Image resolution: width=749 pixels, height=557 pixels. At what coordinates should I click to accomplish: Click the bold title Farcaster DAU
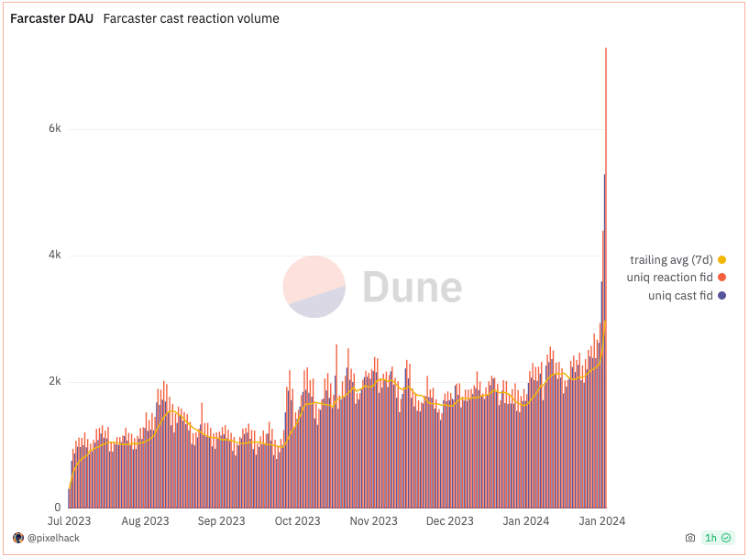pyautogui.click(x=51, y=18)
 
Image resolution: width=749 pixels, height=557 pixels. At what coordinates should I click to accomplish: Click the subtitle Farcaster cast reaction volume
pyautogui.click(x=191, y=18)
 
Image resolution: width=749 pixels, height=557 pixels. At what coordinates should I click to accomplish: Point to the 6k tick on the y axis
pyautogui.click(x=55, y=128)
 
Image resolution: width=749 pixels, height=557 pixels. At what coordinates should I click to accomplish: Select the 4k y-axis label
pyautogui.click(x=55, y=255)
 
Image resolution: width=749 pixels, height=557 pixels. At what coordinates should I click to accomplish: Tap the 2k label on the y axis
pyautogui.click(x=55, y=381)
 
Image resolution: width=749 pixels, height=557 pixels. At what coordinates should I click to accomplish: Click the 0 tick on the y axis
pyautogui.click(x=58, y=508)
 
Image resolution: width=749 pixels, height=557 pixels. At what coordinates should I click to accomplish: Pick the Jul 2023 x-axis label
pyautogui.click(x=69, y=520)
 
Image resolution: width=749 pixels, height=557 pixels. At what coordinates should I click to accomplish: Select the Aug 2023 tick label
pyautogui.click(x=145, y=520)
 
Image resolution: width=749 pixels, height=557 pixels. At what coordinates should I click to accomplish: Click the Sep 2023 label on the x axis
pyautogui.click(x=221, y=520)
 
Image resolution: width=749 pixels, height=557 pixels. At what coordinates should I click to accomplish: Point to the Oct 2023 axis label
pyautogui.click(x=297, y=520)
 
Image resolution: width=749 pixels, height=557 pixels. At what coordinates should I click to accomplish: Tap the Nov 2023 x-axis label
pyautogui.click(x=373, y=520)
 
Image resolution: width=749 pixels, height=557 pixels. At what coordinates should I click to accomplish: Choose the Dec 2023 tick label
pyautogui.click(x=449, y=520)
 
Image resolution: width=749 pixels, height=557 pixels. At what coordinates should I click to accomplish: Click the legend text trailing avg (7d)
pyautogui.click(x=671, y=259)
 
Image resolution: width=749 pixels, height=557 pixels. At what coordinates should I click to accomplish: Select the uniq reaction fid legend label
pyautogui.click(x=670, y=278)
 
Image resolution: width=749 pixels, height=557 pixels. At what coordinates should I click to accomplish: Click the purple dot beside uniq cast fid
pyautogui.click(x=721, y=295)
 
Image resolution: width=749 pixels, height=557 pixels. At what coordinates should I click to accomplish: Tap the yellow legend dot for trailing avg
pyautogui.click(x=721, y=259)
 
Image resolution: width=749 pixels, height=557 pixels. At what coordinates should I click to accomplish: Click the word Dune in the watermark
pyautogui.click(x=413, y=287)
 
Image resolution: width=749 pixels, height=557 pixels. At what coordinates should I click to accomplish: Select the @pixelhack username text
pyautogui.click(x=53, y=538)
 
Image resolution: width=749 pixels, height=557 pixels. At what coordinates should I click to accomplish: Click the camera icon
pyautogui.click(x=690, y=538)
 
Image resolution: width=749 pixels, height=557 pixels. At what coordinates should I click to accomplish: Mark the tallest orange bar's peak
pyautogui.click(x=606, y=49)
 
